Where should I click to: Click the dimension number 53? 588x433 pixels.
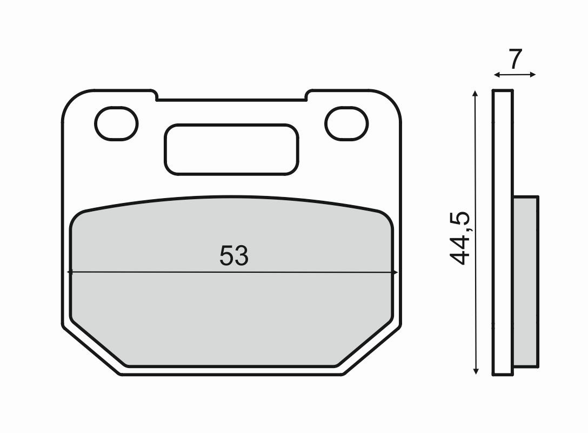click(x=233, y=256)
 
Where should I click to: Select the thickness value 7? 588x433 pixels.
click(x=516, y=59)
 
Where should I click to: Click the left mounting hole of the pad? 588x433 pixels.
click(x=116, y=123)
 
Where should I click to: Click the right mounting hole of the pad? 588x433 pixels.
click(x=347, y=123)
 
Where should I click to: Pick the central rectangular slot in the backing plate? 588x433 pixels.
click(x=231, y=149)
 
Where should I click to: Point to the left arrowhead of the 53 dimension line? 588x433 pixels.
click(x=70, y=272)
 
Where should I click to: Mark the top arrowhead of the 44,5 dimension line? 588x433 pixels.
click(x=475, y=94)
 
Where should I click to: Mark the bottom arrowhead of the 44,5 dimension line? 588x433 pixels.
click(x=475, y=371)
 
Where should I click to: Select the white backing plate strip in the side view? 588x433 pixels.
click(x=503, y=233)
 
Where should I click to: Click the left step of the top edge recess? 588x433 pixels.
click(x=156, y=95)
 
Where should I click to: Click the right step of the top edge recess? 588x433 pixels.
click(x=308, y=95)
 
